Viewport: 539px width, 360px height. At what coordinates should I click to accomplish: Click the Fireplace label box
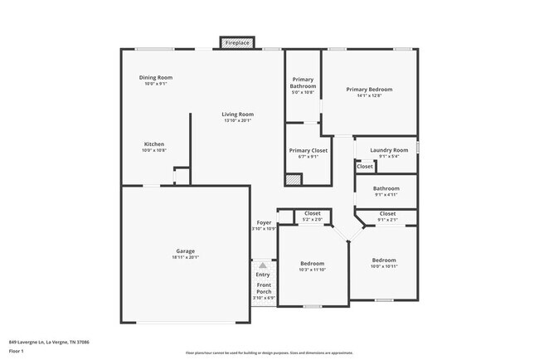[x=237, y=41]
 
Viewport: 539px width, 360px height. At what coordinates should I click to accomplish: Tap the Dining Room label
[x=155, y=78]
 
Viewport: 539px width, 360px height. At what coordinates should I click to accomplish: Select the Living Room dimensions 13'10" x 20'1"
[x=238, y=120]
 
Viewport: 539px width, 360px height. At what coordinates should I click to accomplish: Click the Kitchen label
[x=154, y=144]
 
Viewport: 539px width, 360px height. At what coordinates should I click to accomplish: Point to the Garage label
[x=185, y=251]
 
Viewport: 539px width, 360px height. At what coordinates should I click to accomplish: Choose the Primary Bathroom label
[x=303, y=83]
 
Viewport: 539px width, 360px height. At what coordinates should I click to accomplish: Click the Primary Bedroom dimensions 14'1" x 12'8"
[x=369, y=95]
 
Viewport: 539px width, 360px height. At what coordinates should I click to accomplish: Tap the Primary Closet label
[x=308, y=150]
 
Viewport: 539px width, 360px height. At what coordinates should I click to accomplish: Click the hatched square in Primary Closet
[x=294, y=179]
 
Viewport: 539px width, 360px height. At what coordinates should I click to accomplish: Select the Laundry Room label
[x=389, y=150]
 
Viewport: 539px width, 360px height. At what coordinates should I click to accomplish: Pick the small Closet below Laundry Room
[x=365, y=166]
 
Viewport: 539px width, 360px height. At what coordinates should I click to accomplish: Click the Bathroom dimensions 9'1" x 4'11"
[x=386, y=195]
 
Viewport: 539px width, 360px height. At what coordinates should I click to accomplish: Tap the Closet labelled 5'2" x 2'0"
[x=313, y=219]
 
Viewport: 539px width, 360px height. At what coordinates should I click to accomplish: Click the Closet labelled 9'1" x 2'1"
[x=387, y=219]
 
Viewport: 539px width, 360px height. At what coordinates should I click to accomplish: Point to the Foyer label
[x=264, y=222]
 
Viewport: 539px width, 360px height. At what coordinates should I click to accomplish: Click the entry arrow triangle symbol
[x=263, y=265]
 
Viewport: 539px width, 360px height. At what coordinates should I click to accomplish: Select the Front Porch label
[x=264, y=289]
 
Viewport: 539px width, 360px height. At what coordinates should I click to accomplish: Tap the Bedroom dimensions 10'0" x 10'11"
[x=384, y=265]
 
